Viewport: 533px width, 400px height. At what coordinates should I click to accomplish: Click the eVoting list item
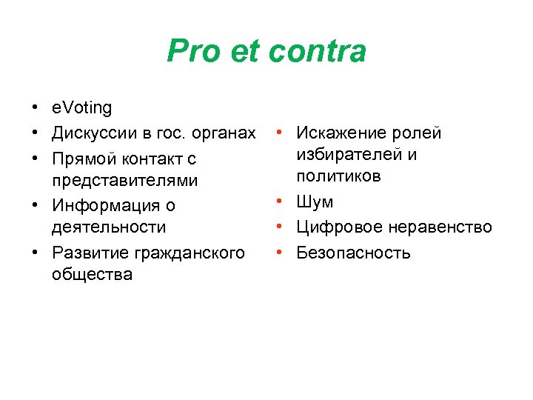coord(81,108)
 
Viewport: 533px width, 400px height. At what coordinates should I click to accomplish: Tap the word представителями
coord(124,181)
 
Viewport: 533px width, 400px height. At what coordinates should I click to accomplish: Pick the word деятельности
coord(108,227)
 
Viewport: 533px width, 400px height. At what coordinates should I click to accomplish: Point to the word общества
coord(92,275)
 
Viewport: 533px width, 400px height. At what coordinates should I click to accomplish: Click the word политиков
coord(338,176)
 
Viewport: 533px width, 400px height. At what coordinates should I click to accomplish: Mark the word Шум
coord(315,202)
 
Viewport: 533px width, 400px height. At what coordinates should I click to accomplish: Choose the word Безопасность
coord(353,253)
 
